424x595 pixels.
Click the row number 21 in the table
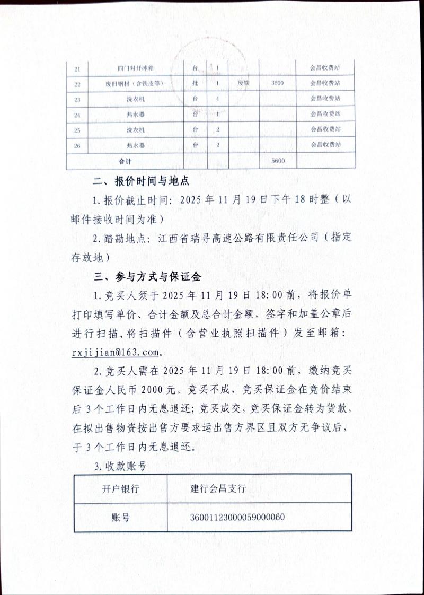point(77,69)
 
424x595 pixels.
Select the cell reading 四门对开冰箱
point(136,69)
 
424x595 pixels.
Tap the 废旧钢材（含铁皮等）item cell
point(136,84)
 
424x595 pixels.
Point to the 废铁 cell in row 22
point(243,83)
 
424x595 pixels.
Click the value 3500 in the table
point(277,83)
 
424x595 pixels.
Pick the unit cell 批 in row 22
point(195,84)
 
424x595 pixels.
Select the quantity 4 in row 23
point(218,99)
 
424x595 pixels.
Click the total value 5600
point(277,160)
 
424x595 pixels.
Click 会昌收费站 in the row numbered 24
point(325,114)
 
